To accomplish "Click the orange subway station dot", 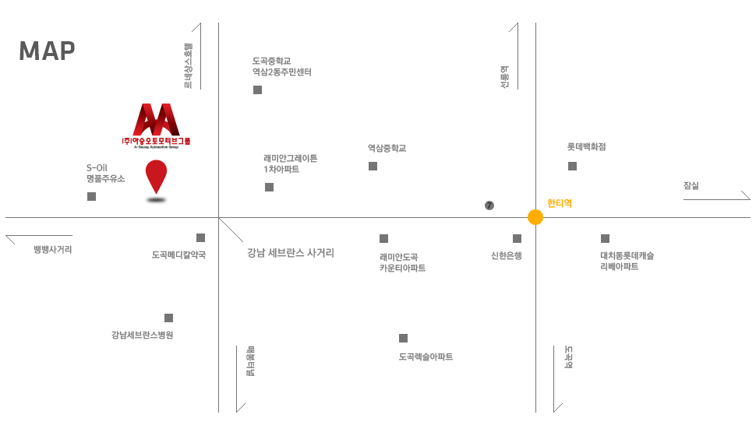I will [535, 217].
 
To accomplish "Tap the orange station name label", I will [560, 203].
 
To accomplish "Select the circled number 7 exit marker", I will [489, 205].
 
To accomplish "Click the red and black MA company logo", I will [156, 125].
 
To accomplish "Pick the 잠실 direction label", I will [691, 185].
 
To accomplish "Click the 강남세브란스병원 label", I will [158, 311].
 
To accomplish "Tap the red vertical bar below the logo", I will [156, 177].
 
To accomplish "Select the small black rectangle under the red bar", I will [156, 200].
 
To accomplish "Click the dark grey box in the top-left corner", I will [47, 51].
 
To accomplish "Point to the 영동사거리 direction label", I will [52, 249].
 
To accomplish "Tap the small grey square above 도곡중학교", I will [257, 90].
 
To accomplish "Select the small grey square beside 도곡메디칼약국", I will [403, 338].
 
